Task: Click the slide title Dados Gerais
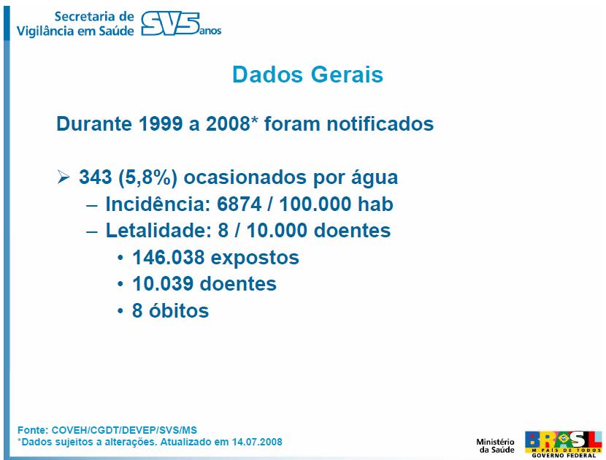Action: click(x=307, y=74)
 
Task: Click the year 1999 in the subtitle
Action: click(x=160, y=123)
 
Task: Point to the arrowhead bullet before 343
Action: click(x=64, y=177)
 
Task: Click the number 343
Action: click(x=96, y=177)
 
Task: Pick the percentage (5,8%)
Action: click(x=147, y=177)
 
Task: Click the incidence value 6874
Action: click(x=239, y=204)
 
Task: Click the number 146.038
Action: click(x=169, y=258)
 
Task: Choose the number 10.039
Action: click(x=164, y=284)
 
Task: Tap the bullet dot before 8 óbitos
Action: click(x=121, y=311)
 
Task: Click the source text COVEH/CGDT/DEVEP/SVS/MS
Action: click(x=124, y=430)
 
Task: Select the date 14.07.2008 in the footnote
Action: click(x=257, y=442)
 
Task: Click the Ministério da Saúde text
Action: click(x=495, y=445)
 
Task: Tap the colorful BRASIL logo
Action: click(x=563, y=444)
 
